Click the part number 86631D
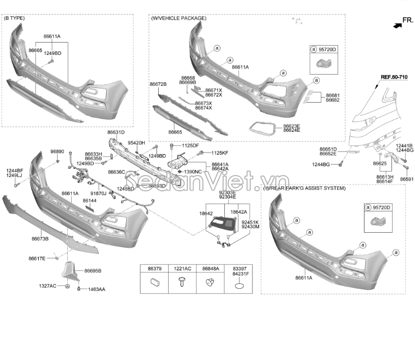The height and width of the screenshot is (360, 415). click(116, 132)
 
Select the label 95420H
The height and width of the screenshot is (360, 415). click(136, 143)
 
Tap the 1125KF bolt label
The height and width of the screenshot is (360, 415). click(220, 153)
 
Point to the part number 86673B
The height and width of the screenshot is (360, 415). click(39, 239)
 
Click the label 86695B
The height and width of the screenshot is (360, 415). click(93, 271)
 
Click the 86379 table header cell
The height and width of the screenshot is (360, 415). click(154, 269)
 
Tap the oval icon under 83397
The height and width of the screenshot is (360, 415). click(239, 286)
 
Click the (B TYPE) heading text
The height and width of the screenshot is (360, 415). click(15, 18)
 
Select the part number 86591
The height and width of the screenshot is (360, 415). click(407, 179)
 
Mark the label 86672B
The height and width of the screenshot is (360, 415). click(158, 84)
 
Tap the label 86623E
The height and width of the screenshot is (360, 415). click(292, 126)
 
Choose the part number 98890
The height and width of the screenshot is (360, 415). click(57, 151)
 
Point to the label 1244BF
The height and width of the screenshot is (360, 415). click(15, 170)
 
